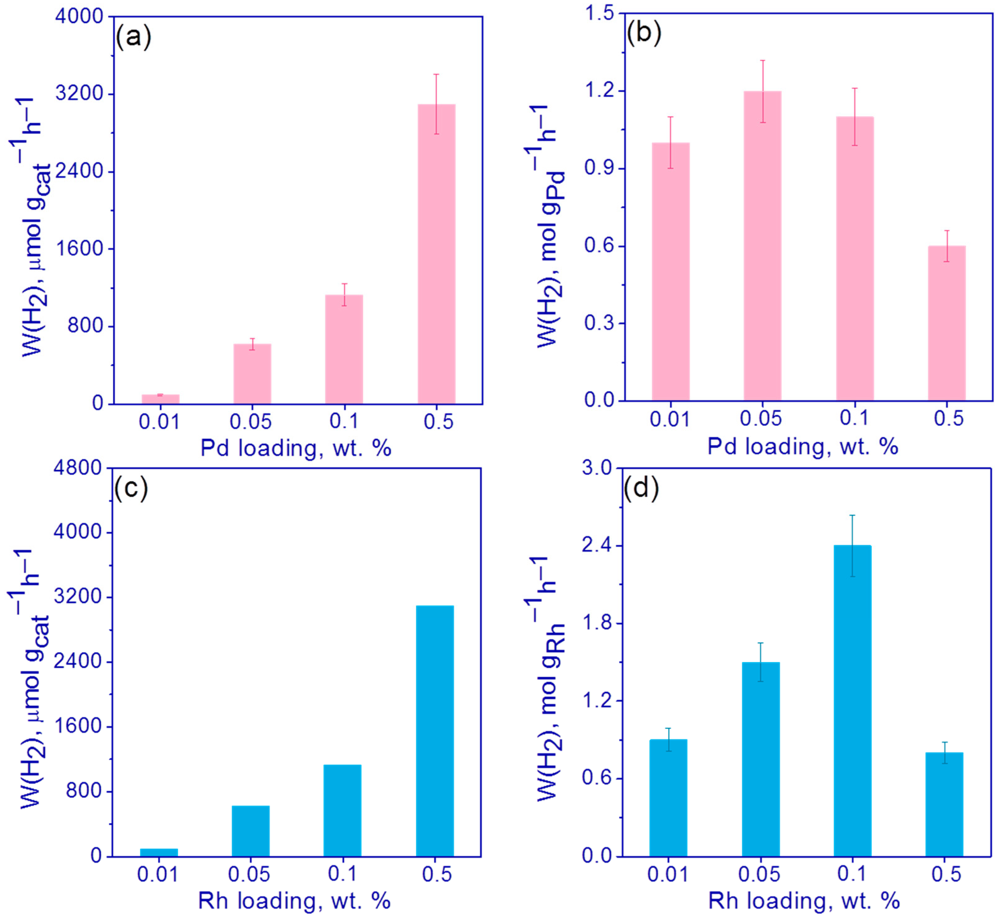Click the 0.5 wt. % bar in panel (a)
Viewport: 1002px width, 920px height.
click(436, 254)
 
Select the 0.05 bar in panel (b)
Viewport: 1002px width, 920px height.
click(762, 246)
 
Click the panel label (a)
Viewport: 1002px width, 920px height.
click(133, 37)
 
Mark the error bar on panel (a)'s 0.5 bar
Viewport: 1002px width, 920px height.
click(436, 104)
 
